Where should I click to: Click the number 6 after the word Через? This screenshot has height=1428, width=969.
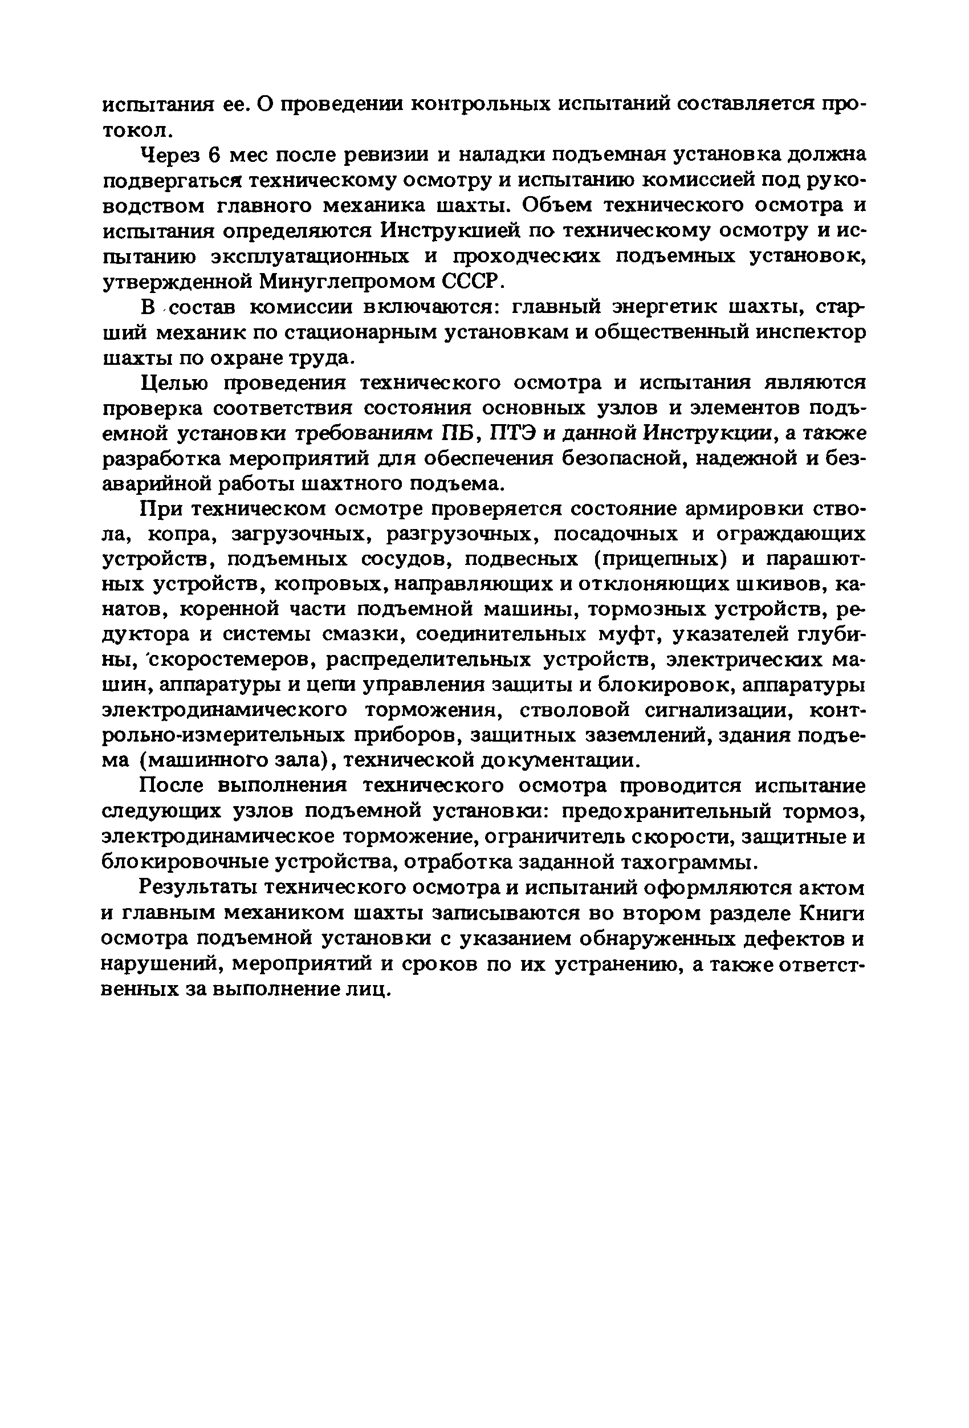[213, 155]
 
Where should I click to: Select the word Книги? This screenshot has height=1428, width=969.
[832, 914]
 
